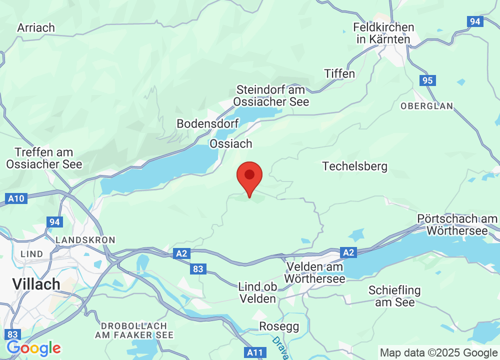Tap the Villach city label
click(36, 284)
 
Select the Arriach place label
click(36, 27)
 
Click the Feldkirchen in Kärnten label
click(383, 33)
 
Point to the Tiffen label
click(339, 73)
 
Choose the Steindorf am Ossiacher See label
click(272, 95)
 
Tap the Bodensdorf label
click(208, 123)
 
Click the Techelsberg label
click(355, 166)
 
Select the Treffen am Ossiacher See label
click(44, 158)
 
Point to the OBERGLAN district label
click(426, 106)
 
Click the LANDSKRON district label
click(85, 240)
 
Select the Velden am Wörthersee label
click(315, 272)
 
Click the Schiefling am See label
click(394, 296)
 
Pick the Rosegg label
click(279, 326)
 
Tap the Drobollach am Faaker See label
click(137, 330)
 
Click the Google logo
click(33, 347)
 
